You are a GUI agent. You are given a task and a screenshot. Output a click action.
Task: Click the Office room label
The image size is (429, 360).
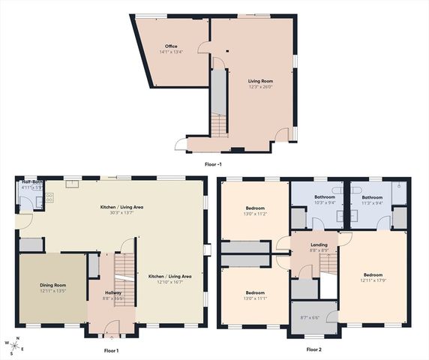tap(171, 46)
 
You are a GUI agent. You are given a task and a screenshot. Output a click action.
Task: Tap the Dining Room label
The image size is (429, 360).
tap(53, 285)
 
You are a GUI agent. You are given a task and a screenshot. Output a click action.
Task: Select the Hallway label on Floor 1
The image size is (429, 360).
tap(112, 292)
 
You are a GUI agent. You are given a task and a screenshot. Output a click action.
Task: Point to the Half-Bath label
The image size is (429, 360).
tap(31, 181)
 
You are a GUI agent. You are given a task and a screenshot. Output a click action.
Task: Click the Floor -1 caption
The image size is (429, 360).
tap(213, 163)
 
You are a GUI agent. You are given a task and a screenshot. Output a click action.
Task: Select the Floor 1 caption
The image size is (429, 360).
tap(111, 350)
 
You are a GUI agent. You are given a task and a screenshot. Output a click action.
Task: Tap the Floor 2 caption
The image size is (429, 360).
tap(313, 350)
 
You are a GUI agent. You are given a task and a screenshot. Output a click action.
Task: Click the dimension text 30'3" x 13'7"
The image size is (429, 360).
tap(122, 212)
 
